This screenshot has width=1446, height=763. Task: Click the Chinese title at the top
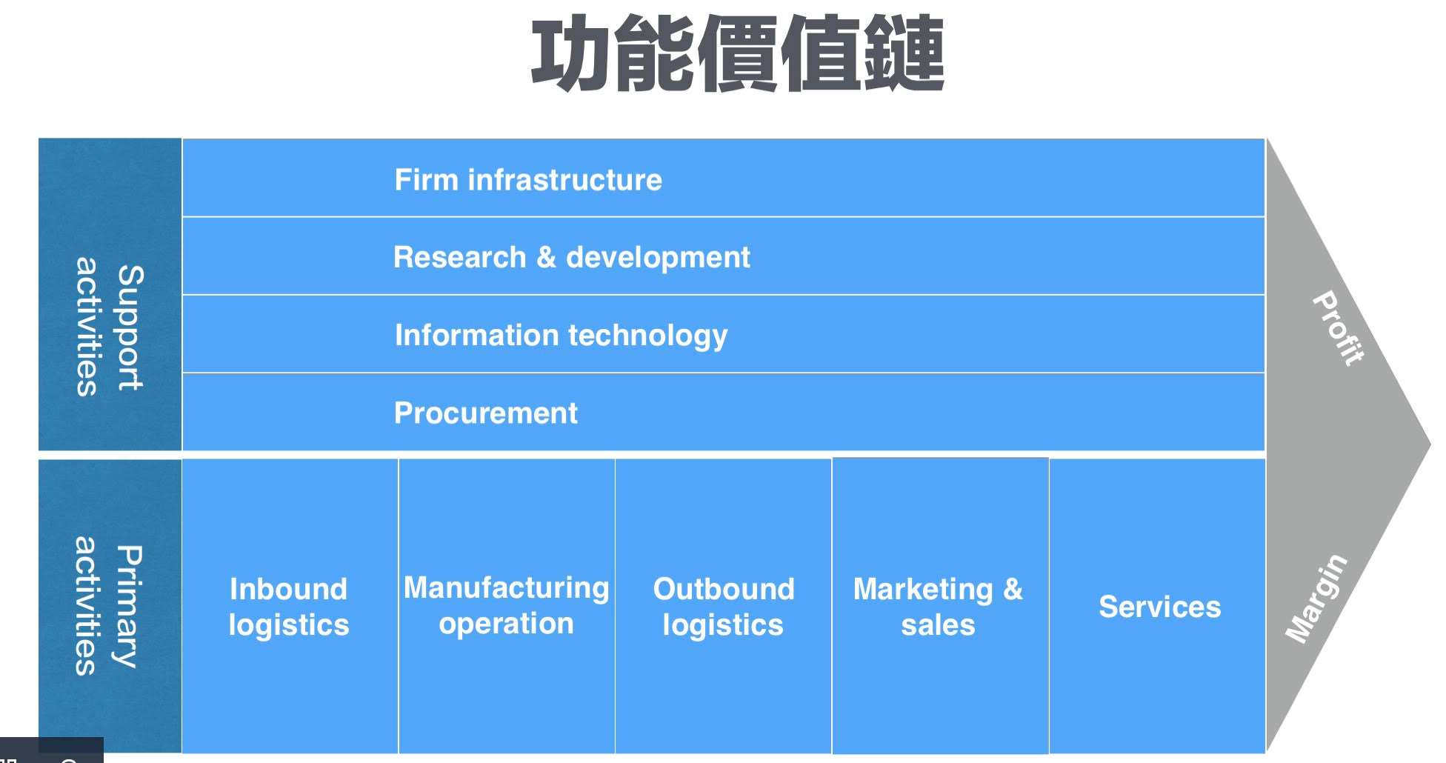pos(737,54)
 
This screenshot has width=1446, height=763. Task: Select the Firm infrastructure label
pos(528,180)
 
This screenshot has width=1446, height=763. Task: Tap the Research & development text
pos(571,258)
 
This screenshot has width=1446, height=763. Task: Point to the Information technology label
pos(561,336)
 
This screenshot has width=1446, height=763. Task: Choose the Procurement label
pos(485,413)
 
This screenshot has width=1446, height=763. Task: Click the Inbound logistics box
pos(289,607)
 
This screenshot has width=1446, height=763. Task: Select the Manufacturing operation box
pos(507,605)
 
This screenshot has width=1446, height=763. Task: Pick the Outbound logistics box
pos(723,607)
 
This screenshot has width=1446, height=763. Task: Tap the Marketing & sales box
pos(939,607)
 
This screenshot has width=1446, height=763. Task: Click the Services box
pos(1159,607)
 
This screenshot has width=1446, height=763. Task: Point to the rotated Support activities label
pos(109,327)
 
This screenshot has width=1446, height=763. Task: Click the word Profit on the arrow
pos(1338,328)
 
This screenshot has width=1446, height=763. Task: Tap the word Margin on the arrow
pos(1316,599)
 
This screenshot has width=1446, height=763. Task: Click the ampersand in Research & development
pos(546,257)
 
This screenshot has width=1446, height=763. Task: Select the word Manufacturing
pos(507,588)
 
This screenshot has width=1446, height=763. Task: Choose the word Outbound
pos(724,590)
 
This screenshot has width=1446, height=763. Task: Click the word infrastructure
pos(564,180)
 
